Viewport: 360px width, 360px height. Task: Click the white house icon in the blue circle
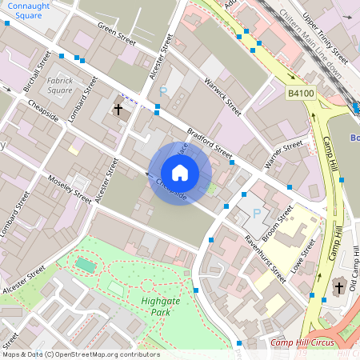click(179, 173)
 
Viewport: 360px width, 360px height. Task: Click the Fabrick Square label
click(60, 86)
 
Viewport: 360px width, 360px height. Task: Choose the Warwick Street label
click(222, 93)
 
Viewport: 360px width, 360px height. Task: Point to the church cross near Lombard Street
click(118, 109)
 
